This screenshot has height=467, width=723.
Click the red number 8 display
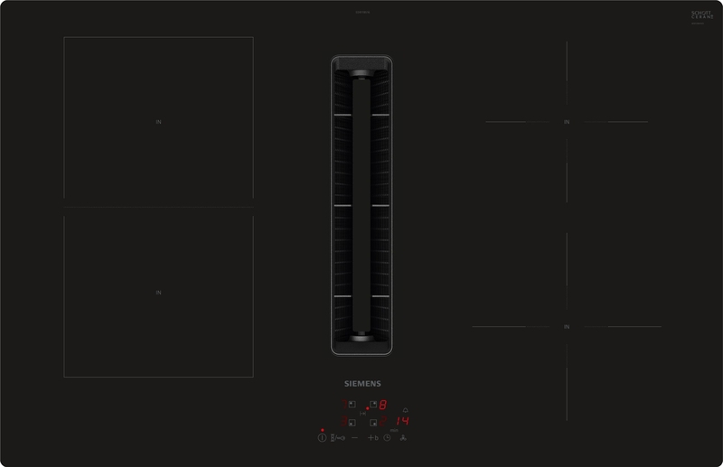click(x=383, y=405)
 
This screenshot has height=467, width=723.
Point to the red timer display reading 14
click(x=402, y=421)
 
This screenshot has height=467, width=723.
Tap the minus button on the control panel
click(x=354, y=437)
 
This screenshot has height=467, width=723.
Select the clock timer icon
click(x=387, y=438)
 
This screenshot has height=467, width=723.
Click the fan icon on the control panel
click(x=403, y=438)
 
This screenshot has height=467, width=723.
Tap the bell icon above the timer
click(x=405, y=410)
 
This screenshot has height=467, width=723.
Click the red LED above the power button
click(x=322, y=430)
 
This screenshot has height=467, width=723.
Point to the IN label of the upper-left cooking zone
click(x=158, y=120)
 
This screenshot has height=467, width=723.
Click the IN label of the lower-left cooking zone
click(x=158, y=293)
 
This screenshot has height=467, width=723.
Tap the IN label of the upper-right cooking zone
click(x=566, y=121)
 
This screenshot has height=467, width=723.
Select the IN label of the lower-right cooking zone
click(x=566, y=326)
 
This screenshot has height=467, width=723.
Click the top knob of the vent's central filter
click(x=361, y=75)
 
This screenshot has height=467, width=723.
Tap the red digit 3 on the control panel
click(x=343, y=422)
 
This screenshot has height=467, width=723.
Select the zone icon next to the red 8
click(x=373, y=404)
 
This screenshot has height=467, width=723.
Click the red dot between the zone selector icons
click(x=367, y=408)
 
